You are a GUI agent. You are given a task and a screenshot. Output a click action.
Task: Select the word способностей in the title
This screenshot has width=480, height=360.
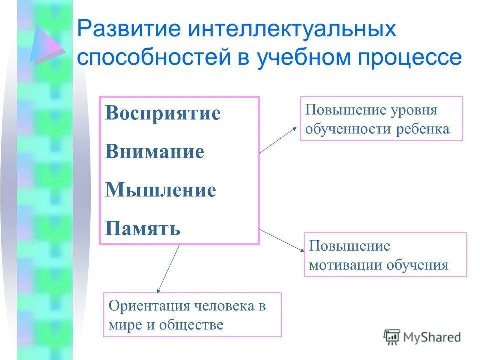[151, 58]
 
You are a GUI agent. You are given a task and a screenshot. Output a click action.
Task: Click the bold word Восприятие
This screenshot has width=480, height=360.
[163, 113]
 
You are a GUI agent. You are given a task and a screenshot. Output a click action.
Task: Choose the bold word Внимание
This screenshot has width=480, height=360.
[155, 152]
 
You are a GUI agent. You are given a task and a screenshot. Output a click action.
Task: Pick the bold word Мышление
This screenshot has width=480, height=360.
[161, 190]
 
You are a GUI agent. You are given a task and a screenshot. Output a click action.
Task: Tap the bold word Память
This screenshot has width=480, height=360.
[143, 229]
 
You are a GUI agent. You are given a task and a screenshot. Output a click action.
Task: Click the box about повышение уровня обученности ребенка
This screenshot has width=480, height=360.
[381, 119]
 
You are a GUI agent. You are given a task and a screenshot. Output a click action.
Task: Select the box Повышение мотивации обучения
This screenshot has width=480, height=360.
[385, 255]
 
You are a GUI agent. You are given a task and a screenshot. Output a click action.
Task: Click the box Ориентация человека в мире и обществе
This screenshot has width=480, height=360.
[192, 315]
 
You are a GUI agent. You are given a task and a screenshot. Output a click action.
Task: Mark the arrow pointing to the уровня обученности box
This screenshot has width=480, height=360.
[278, 140]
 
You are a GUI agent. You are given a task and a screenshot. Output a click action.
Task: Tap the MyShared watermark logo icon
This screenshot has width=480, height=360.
[392, 337]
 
